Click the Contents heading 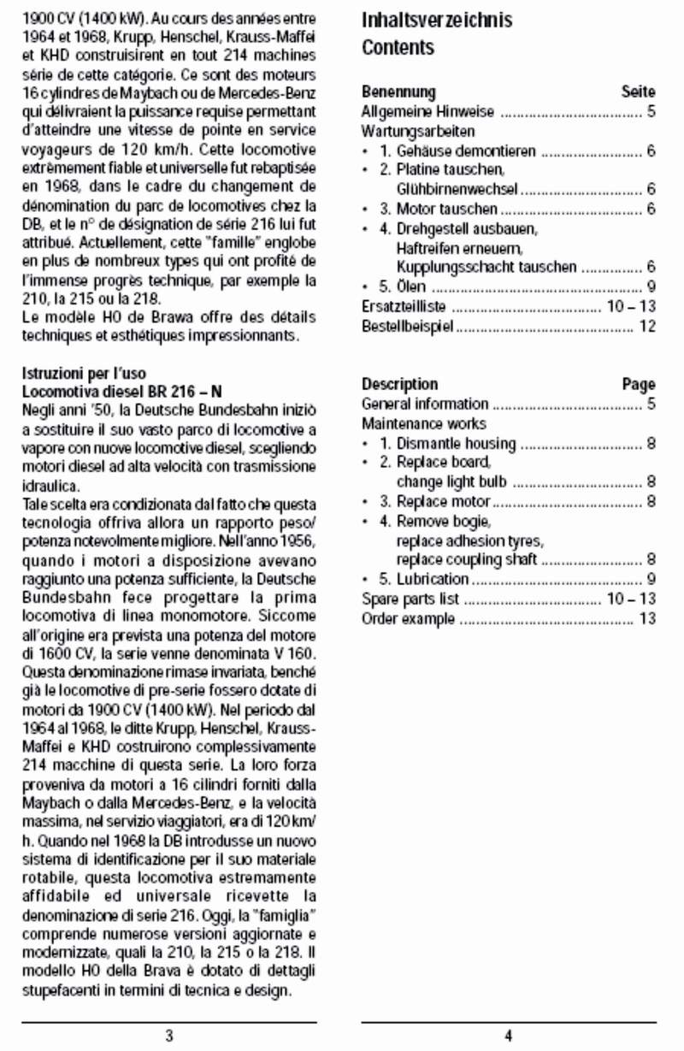pyautogui.click(x=398, y=48)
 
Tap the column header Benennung pyautogui.click(x=398, y=92)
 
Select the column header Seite pyautogui.click(x=638, y=92)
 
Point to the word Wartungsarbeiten pyautogui.click(x=418, y=132)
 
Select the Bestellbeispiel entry pyautogui.click(x=407, y=327)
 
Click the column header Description pyautogui.click(x=399, y=384)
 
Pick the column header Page pyautogui.click(x=639, y=384)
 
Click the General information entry pyautogui.click(x=425, y=404)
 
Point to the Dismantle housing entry pyautogui.click(x=456, y=443)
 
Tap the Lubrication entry pyautogui.click(x=433, y=580)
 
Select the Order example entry pyautogui.click(x=408, y=618)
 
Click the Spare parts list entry pyautogui.click(x=410, y=599)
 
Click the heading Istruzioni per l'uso pyautogui.click(x=83, y=374)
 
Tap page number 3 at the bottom pyautogui.click(x=169, y=1036)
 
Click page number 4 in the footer pyautogui.click(x=509, y=1036)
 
